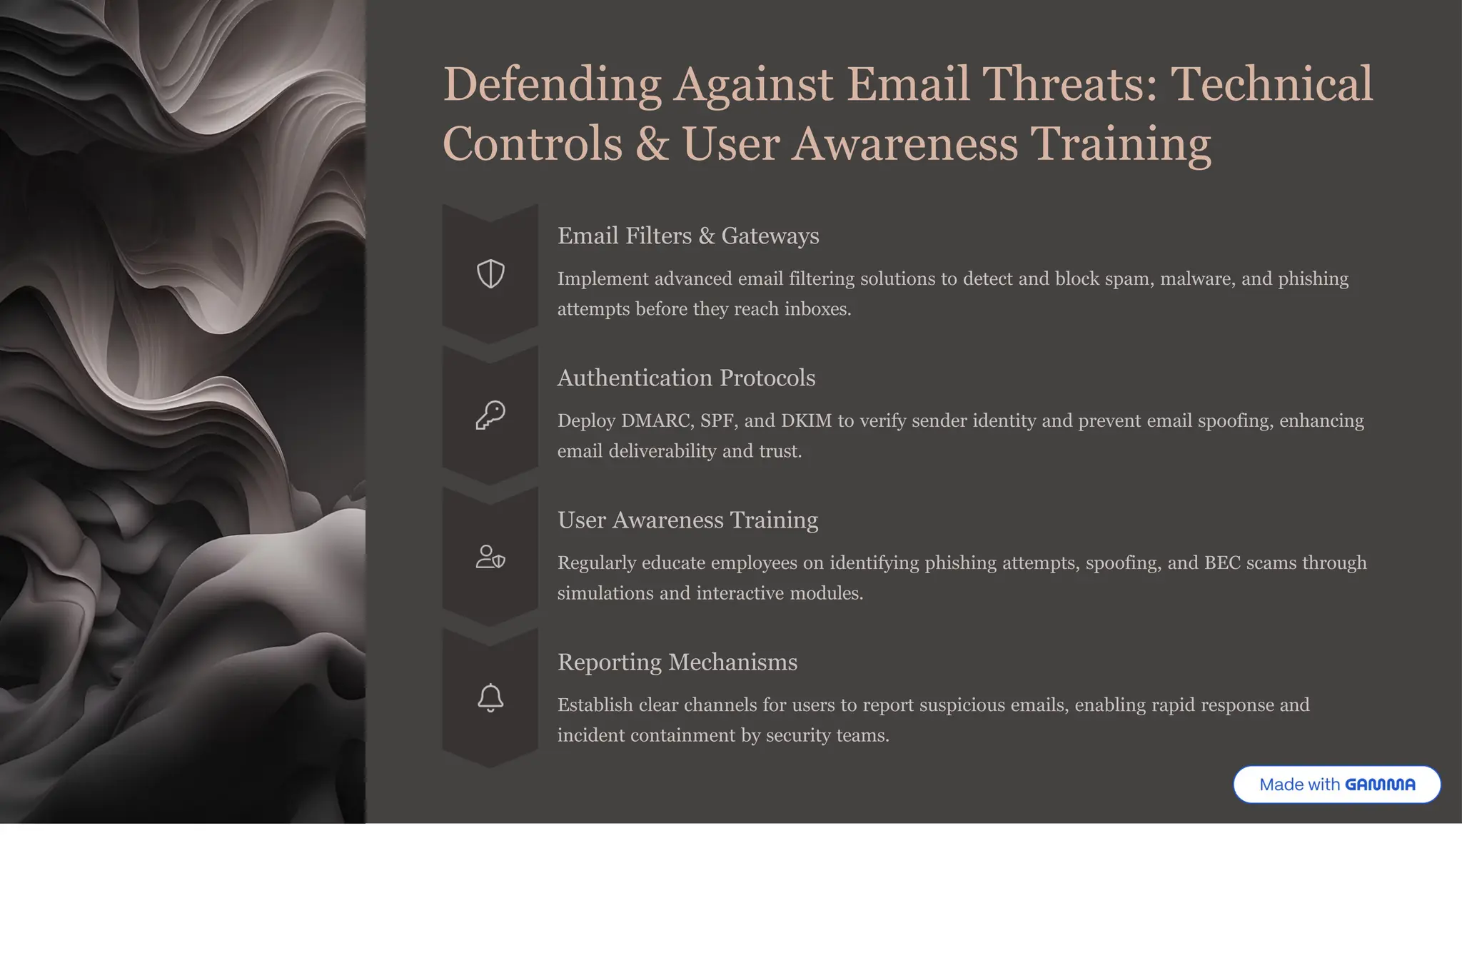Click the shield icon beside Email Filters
point(490,273)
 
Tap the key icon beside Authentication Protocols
point(490,415)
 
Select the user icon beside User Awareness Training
point(490,557)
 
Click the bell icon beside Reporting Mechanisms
point(490,698)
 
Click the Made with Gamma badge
point(1336,785)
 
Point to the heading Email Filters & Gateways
point(687,236)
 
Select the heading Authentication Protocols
point(685,378)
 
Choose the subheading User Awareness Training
point(687,520)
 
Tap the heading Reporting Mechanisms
point(677,662)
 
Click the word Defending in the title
point(552,84)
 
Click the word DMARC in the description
point(656,420)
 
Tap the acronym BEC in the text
point(1222,563)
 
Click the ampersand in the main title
point(652,143)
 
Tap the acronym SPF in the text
point(716,420)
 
